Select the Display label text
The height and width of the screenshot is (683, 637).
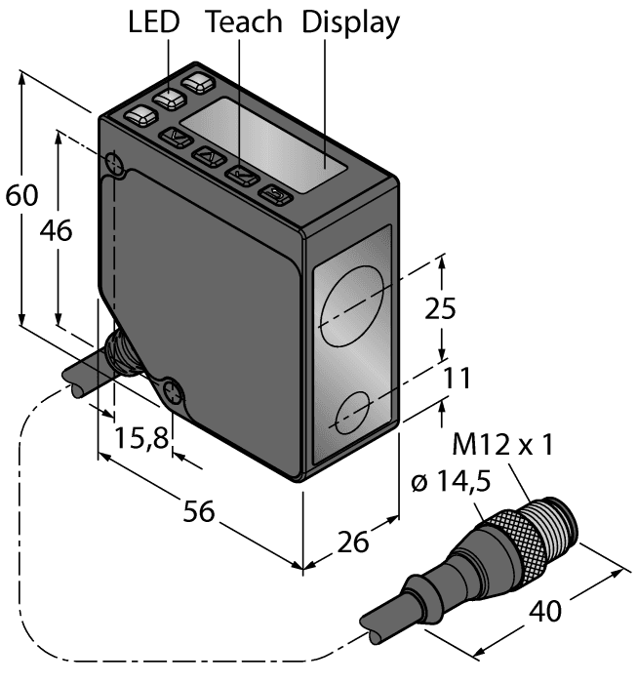(x=351, y=23)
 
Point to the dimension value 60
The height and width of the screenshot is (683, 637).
(x=21, y=195)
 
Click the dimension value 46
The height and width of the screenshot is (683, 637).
(x=57, y=231)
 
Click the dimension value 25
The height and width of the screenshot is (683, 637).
(x=440, y=308)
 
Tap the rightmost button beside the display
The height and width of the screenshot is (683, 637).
(x=276, y=195)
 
